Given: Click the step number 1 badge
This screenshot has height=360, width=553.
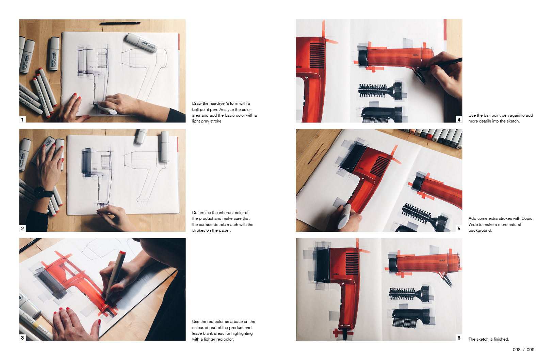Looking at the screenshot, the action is tap(22, 119).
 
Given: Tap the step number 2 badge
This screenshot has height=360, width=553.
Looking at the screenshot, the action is tap(22, 228).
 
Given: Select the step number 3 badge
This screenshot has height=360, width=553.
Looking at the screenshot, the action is tap(22, 338).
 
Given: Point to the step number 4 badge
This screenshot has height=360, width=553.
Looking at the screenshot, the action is tap(459, 119).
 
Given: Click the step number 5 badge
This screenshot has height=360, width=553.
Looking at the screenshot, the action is tap(459, 228).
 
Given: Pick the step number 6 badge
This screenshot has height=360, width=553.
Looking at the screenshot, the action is tap(459, 338).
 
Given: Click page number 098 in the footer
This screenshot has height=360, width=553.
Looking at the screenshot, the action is tap(517, 350).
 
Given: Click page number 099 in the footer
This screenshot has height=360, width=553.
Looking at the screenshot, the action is tap(531, 350).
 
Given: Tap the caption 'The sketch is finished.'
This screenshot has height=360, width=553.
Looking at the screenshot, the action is tap(489, 339).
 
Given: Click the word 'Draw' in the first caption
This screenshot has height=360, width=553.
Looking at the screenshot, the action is tap(197, 103).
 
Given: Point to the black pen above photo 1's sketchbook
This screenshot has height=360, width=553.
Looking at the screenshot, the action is tap(120, 23).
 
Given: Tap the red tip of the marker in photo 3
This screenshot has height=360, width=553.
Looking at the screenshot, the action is tap(122, 253).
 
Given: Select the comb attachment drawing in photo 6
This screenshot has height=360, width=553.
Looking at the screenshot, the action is tap(410, 318).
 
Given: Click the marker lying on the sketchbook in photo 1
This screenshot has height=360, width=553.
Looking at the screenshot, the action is tap(141, 43).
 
